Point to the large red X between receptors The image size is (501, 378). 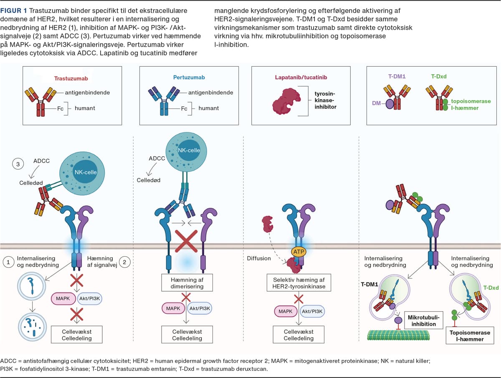(x=187, y=239)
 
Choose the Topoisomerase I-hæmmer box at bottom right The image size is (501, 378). (x=470, y=336)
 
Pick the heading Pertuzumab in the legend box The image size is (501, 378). (x=189, y=78)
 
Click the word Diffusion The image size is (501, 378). (x=259, y=258)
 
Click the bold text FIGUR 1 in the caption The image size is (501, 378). (x=15, y=10)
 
